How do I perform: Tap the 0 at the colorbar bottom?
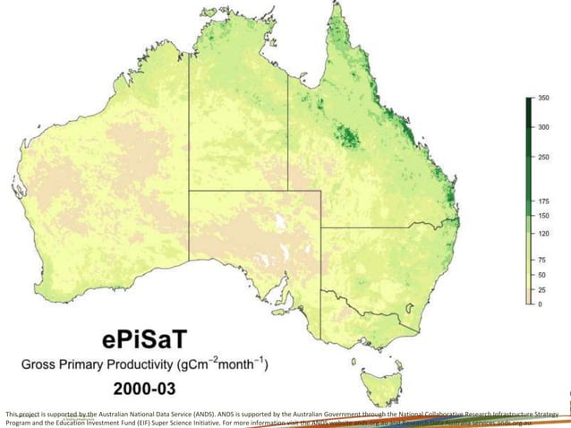(540, 304)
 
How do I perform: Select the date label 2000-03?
(143, 390)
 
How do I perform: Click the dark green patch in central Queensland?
(345, 137)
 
